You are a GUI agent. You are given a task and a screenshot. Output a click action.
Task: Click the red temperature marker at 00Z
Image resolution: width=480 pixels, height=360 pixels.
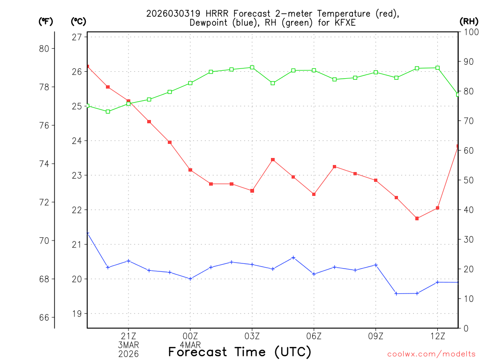tap(190, 170)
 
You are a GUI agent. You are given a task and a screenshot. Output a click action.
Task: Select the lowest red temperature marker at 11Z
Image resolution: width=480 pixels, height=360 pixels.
tap(417, 218)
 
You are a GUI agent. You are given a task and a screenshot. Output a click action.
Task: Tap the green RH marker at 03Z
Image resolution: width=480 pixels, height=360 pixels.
tap(252, 67)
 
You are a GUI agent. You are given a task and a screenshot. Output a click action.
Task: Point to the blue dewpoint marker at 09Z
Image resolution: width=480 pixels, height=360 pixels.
tap(375, 265)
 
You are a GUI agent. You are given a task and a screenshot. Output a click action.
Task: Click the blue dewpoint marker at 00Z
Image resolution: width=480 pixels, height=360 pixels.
tap(190, 279)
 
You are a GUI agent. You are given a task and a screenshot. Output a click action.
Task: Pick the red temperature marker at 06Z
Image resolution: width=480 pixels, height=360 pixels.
tap(314, 194)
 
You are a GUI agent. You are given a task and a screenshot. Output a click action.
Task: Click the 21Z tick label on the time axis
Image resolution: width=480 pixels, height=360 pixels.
tap(128, 336)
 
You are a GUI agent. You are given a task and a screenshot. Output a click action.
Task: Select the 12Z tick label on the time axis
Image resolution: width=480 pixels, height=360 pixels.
tap(437, 336)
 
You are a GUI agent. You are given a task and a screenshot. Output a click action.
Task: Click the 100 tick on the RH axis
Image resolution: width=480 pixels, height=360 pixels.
tap(469, 32)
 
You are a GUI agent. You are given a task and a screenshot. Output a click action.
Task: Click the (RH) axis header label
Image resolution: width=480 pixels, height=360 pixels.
tap(468, 21)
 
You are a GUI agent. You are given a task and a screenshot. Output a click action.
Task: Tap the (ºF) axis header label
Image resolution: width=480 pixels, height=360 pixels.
tap(46, 21)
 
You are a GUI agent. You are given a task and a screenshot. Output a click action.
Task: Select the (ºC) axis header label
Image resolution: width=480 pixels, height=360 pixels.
tap(79, 21)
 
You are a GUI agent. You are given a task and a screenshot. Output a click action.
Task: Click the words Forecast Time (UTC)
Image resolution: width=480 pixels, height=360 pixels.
tap(240, 352)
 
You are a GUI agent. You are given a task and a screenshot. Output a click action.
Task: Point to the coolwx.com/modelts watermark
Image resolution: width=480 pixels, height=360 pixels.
tap(431, 354)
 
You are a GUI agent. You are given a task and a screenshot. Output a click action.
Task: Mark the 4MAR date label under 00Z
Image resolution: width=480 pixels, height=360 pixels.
tap(190, 345)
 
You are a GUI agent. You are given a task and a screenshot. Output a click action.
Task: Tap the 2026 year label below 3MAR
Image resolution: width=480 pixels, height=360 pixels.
tap(128, 353)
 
